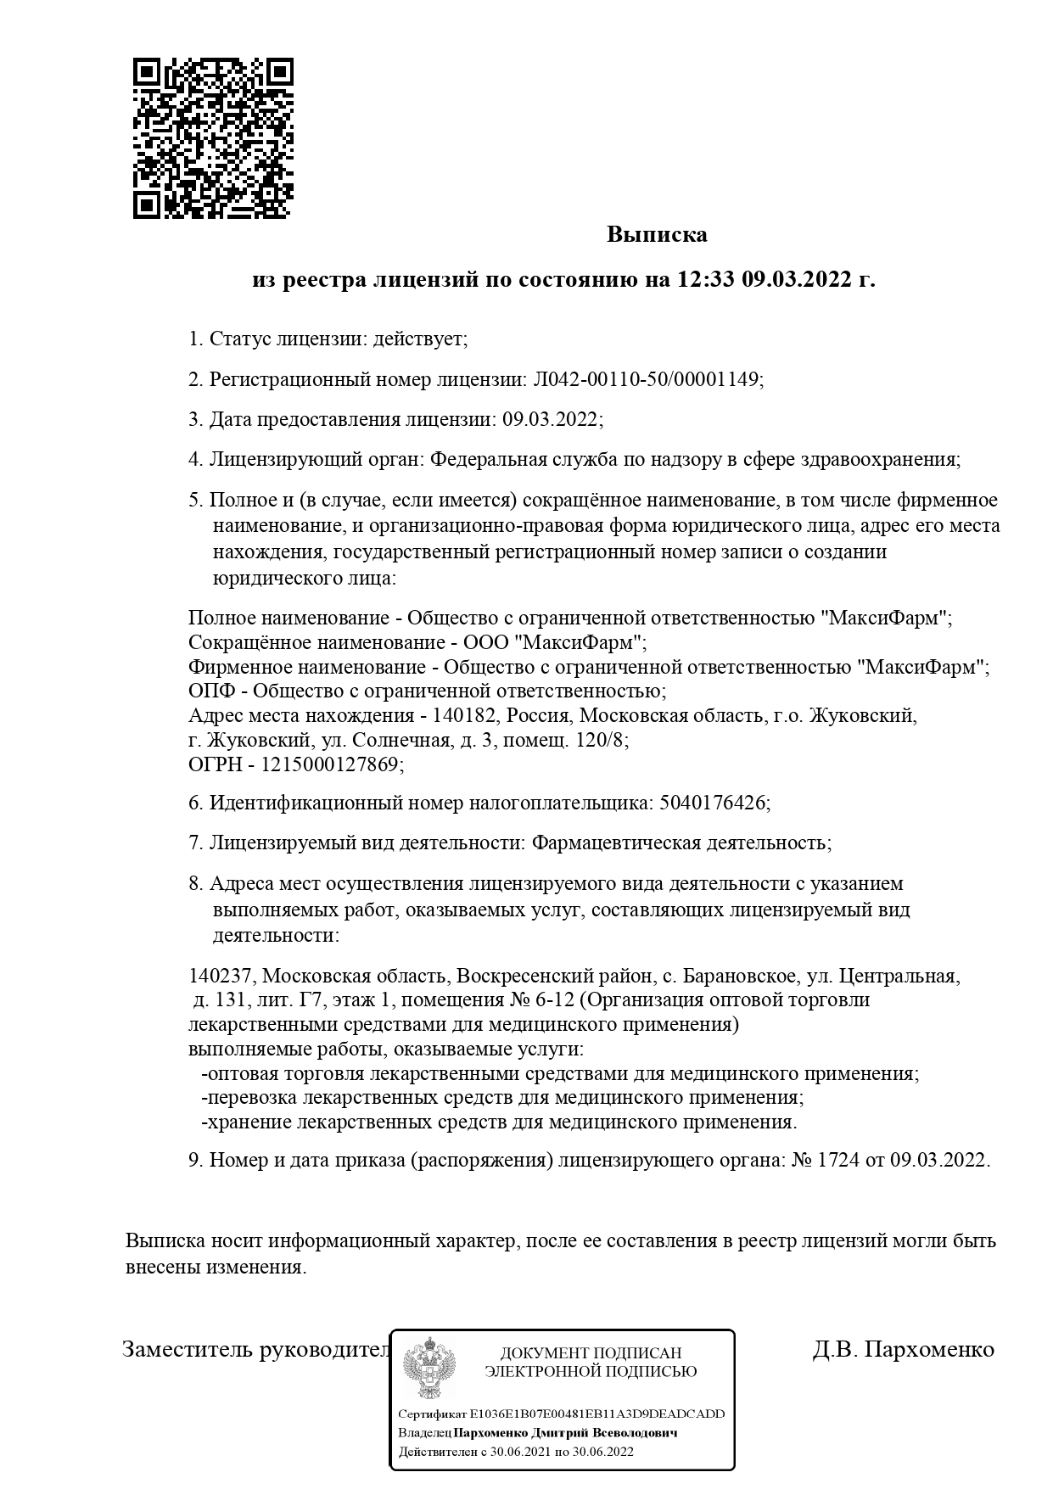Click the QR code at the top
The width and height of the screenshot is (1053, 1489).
(x=213, y=138)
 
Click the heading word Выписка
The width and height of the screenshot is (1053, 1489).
(x=656, y=234)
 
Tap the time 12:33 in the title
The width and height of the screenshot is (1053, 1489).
(x=707, y=279)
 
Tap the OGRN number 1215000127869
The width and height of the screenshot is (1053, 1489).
(x=328, y=764)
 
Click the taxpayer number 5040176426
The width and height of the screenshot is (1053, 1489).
(x=712, y=803)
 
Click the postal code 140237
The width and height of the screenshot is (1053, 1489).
(x=220, y=976)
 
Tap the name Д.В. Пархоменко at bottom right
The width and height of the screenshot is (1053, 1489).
(x=903, y=1349)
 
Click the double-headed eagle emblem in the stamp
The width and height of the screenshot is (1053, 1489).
(x=430, y=1367)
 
